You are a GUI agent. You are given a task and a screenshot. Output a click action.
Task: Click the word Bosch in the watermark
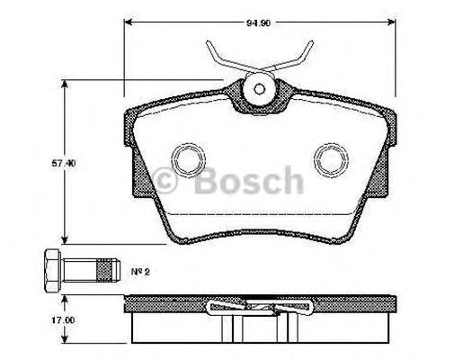(244, 181)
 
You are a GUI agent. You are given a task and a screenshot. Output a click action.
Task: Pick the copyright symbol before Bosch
(168, 183)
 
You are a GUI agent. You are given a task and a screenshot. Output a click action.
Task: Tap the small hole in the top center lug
(258, 89)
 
